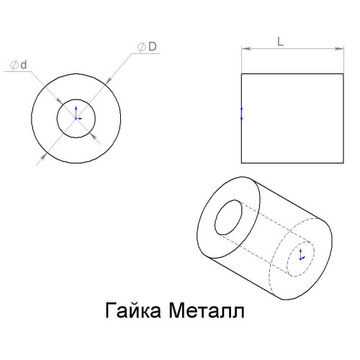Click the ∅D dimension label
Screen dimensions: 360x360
147,47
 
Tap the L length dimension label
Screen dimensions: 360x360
280,42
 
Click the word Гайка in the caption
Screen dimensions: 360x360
133,310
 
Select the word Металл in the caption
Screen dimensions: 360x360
207,311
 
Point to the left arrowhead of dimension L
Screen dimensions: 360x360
246,49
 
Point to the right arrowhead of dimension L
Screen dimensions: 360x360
339,49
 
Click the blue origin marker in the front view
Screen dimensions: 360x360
77,113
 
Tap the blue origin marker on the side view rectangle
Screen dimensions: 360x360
242,114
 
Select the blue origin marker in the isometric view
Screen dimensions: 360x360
301,255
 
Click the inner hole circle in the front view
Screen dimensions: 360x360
57,118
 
